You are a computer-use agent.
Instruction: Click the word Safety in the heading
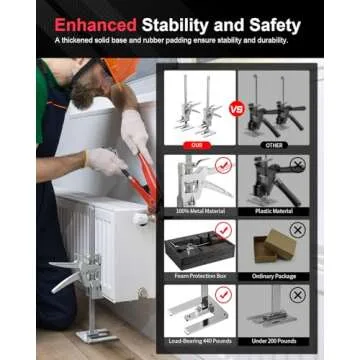(269, 23)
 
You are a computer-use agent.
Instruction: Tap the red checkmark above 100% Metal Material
(223, 166)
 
